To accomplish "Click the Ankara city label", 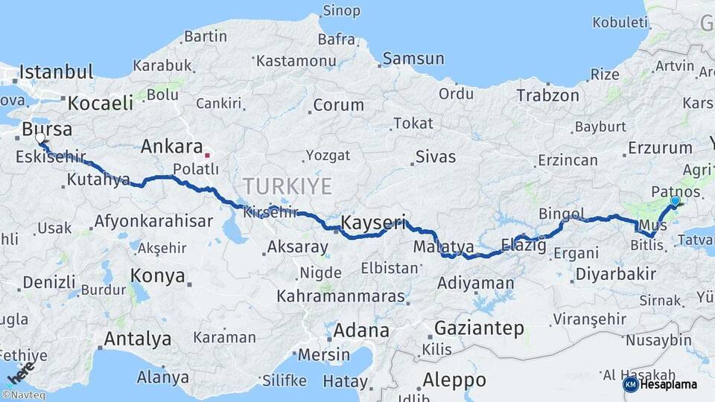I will [172, 146].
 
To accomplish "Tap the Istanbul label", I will [56, 72].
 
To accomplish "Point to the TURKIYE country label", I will [287, 186].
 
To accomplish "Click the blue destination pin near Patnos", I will [675, 201].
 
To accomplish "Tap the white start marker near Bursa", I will [40, 138].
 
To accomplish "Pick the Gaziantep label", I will [479, 328].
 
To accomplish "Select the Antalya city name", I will [137, 339].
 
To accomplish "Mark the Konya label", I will [157, 275].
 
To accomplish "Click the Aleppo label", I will [454, 380].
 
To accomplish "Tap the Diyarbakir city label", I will [615, 273].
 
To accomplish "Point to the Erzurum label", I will [660, 147].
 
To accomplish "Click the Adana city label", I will [361, 330].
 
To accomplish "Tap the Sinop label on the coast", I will [341, 10].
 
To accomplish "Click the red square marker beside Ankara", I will [208, 156].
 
